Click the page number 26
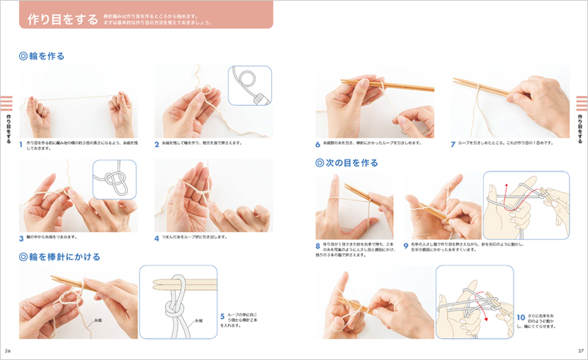point(8,351)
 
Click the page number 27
point(580,351)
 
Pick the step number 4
point(157,238)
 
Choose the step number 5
point(222,317)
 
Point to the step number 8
point(318,246)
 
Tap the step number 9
point(406,246)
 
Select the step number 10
point(521,317)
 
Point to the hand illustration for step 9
point(525,205)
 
